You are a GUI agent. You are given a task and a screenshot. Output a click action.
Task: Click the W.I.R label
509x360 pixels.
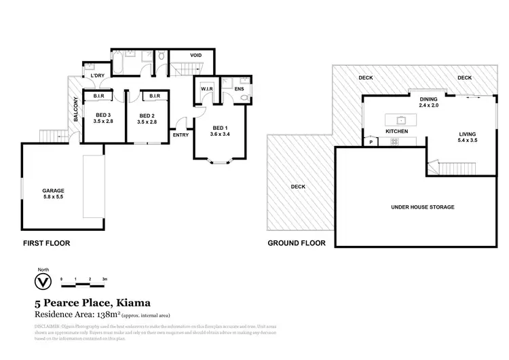click(x=207, y=88)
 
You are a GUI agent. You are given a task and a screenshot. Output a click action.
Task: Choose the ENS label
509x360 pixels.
click(x=239, y=88)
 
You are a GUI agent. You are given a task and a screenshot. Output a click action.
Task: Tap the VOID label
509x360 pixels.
click(x=195, y=55)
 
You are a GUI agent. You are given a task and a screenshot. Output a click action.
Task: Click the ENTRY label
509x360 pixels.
click(x=181, y=135)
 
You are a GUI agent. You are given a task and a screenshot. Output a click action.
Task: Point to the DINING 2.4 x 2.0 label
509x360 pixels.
click(x=429, y=103)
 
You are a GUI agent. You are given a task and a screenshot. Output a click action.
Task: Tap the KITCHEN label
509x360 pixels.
click(x=396, y=130)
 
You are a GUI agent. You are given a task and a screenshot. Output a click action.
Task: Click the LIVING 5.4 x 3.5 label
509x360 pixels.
click(x=468, y=138)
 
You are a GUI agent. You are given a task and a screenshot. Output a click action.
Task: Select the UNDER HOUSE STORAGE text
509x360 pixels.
click(x=423, y=207)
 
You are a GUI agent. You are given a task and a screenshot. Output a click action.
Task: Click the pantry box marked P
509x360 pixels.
click(x=371, y=142)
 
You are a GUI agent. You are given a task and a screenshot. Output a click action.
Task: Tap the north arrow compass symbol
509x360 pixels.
click(x=43, y=281)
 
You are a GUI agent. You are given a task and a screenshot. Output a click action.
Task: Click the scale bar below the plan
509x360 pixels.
click(x=82, y=280)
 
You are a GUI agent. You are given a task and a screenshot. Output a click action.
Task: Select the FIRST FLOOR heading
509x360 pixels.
click(x=47, y=242)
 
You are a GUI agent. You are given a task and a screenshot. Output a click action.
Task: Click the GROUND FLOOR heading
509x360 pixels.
click(x=297, y=242)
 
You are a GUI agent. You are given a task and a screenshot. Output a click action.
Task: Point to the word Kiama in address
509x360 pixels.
click(x=132, y=303)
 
